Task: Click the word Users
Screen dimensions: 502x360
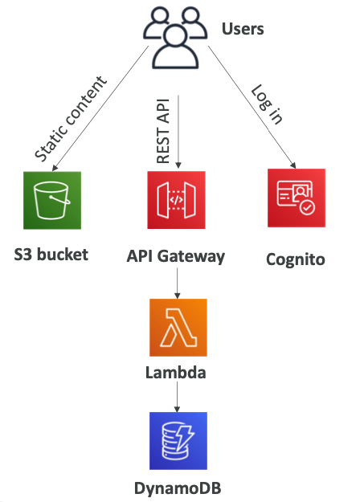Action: click(243, 31)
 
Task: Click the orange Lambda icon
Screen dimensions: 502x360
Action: click(178, 327)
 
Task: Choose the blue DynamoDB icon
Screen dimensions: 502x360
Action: click(178, 440)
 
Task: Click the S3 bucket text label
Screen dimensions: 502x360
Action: click(51, 256)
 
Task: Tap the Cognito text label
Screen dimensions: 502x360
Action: click(296, 259)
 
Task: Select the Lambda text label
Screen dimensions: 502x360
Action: click(178, 372)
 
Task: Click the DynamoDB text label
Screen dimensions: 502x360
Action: click(178, 487)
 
